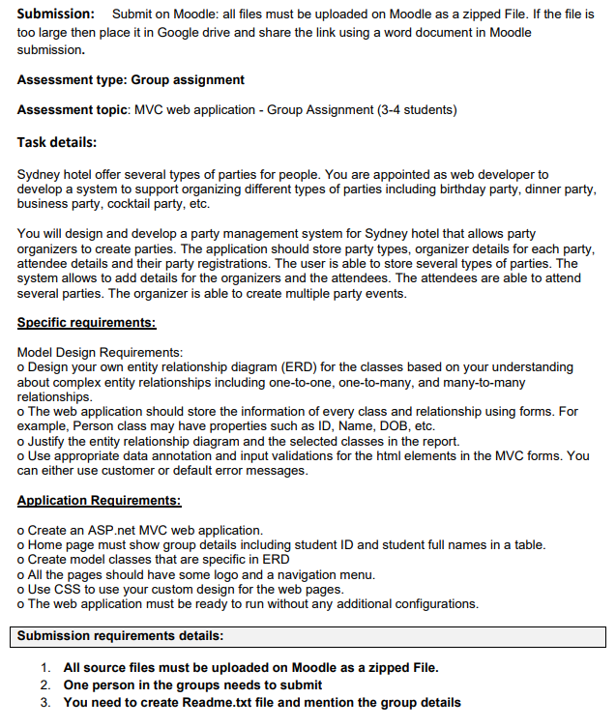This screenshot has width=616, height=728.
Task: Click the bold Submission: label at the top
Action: pyautogui.click(x=56, y=14)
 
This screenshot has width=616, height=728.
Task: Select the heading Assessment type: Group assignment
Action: pyautogui.click(x=131, y=79)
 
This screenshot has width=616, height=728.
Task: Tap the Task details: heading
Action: pyautogui.click(x=56, y=142)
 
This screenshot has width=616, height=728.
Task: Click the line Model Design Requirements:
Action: pyautogui.click(x=100, y=353)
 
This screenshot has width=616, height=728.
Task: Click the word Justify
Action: pyautogui.click(x=47, y=440)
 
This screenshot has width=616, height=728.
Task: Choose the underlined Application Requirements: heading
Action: pyautogui.click(x=99, y=500)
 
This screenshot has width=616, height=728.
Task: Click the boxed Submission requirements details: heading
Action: pyautogui.click(x=121, y=636)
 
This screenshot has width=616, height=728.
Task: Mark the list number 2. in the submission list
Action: pyautogui.click(x=45, y=684)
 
